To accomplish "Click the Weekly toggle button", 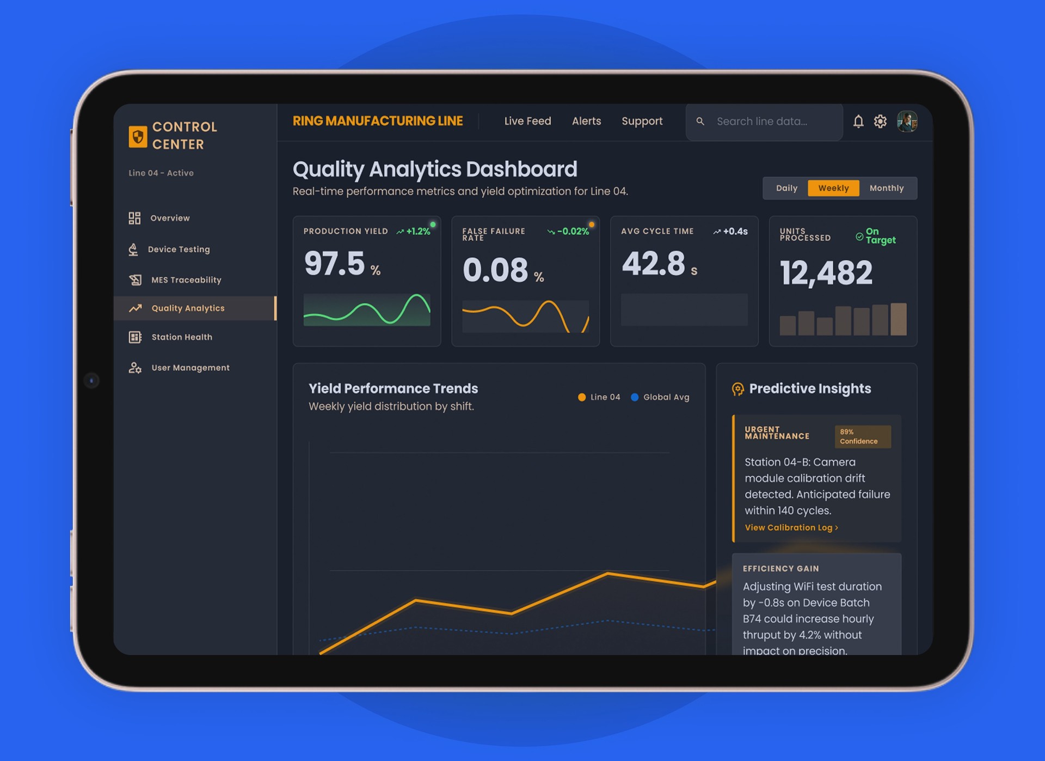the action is point(833,188).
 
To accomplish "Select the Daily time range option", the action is point(786,188).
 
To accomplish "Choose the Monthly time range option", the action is point(887,188).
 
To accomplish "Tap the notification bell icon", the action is point(858,121).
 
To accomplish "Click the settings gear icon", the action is point(880,121).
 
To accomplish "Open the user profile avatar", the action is point(907,121).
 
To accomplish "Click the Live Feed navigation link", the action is point(527,121).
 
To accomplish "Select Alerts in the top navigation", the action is point(586,121).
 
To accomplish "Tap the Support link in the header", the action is point(642,121).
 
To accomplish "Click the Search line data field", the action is point(764,121).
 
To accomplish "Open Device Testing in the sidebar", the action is point(169,249).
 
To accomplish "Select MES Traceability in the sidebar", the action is point(175,280).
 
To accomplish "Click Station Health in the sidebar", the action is point(170,337).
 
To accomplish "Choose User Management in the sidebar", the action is point(179,368).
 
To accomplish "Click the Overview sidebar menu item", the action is point(159,218).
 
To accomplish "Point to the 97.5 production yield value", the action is point(334,264).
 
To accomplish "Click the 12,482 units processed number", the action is point(826,272).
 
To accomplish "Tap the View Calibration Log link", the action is point(791,527).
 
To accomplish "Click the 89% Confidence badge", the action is point(863,436).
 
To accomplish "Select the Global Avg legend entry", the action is point(660,397).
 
